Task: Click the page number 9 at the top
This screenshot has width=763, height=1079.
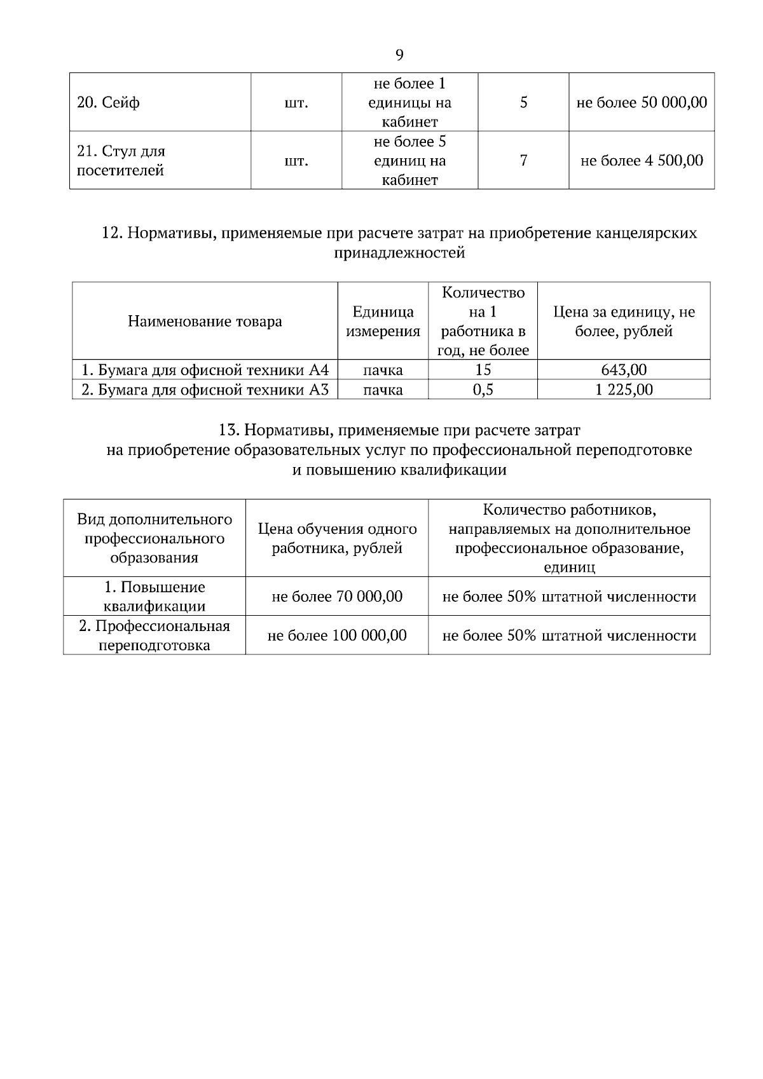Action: tap(399, 55)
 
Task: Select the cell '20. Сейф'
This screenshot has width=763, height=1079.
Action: tap(108, 103)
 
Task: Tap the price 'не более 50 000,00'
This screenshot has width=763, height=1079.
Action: tap(642, 103)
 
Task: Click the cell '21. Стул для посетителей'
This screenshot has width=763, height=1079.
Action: tap(121, 161)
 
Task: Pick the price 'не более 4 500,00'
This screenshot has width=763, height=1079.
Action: tap(642, 161)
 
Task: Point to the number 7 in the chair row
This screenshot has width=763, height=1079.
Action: tap(523, 161)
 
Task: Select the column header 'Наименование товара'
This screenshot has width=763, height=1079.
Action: tap(205, 322)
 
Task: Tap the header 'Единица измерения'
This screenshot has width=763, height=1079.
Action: tap(383, 322)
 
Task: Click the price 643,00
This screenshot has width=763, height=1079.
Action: tap(624, 370)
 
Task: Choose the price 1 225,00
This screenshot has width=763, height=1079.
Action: tap(624, 390)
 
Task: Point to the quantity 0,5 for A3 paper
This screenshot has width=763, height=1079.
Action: tap(483, 390)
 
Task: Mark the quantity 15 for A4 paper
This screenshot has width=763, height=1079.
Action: tap(483, 370)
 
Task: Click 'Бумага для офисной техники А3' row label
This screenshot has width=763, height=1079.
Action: tap(205, 390)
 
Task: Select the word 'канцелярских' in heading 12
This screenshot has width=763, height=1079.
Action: tap(647, 233)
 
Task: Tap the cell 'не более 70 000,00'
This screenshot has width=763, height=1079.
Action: tap(337, 597)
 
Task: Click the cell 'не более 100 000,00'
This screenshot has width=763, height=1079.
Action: tap(337, 635)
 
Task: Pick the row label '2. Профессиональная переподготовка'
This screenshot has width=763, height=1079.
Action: tap(155, 635)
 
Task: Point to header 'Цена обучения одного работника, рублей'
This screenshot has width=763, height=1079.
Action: tap(337, 538)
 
